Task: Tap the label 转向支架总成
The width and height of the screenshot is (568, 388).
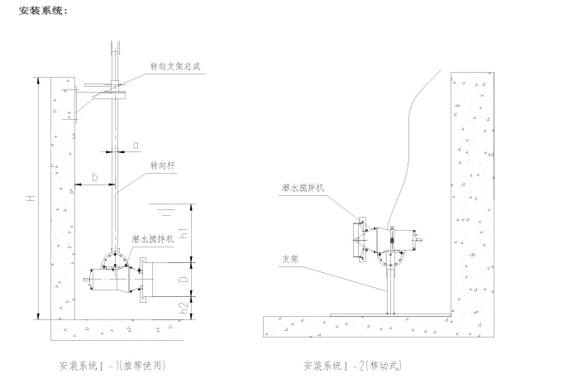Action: pyautogui.click(x=174, y=66)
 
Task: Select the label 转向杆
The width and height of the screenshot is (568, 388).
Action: pyautogui.click(x=163, y=165)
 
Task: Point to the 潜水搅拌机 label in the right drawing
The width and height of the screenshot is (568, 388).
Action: pyautogui.click(x=303, y=189)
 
